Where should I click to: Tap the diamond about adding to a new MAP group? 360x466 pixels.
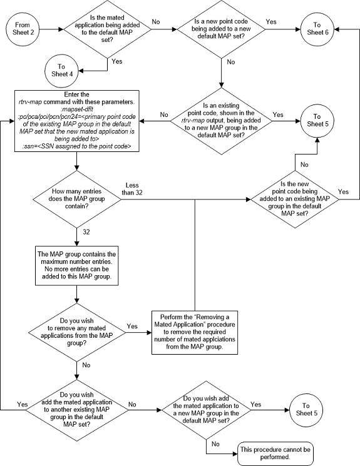207,410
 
